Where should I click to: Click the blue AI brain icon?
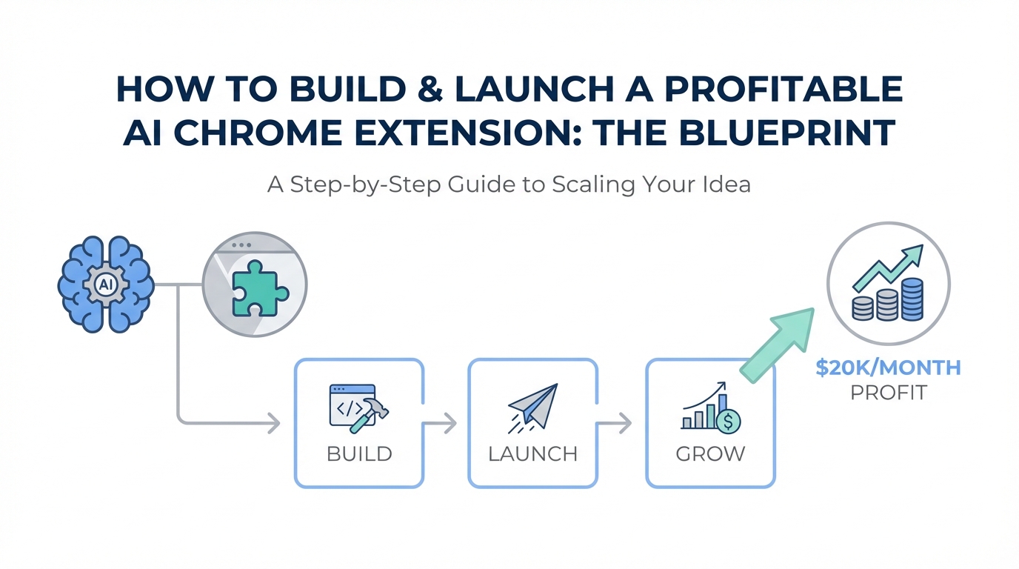coord(106,284)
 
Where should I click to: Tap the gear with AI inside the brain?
coord(106,284)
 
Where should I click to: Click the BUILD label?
coord(359,453)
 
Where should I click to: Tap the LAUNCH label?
coord(532,453)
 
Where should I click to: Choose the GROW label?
coord(710,453)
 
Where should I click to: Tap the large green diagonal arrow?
coord(778,345)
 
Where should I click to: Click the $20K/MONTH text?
coord(888,367)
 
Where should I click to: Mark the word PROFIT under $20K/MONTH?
coord(888,392)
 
